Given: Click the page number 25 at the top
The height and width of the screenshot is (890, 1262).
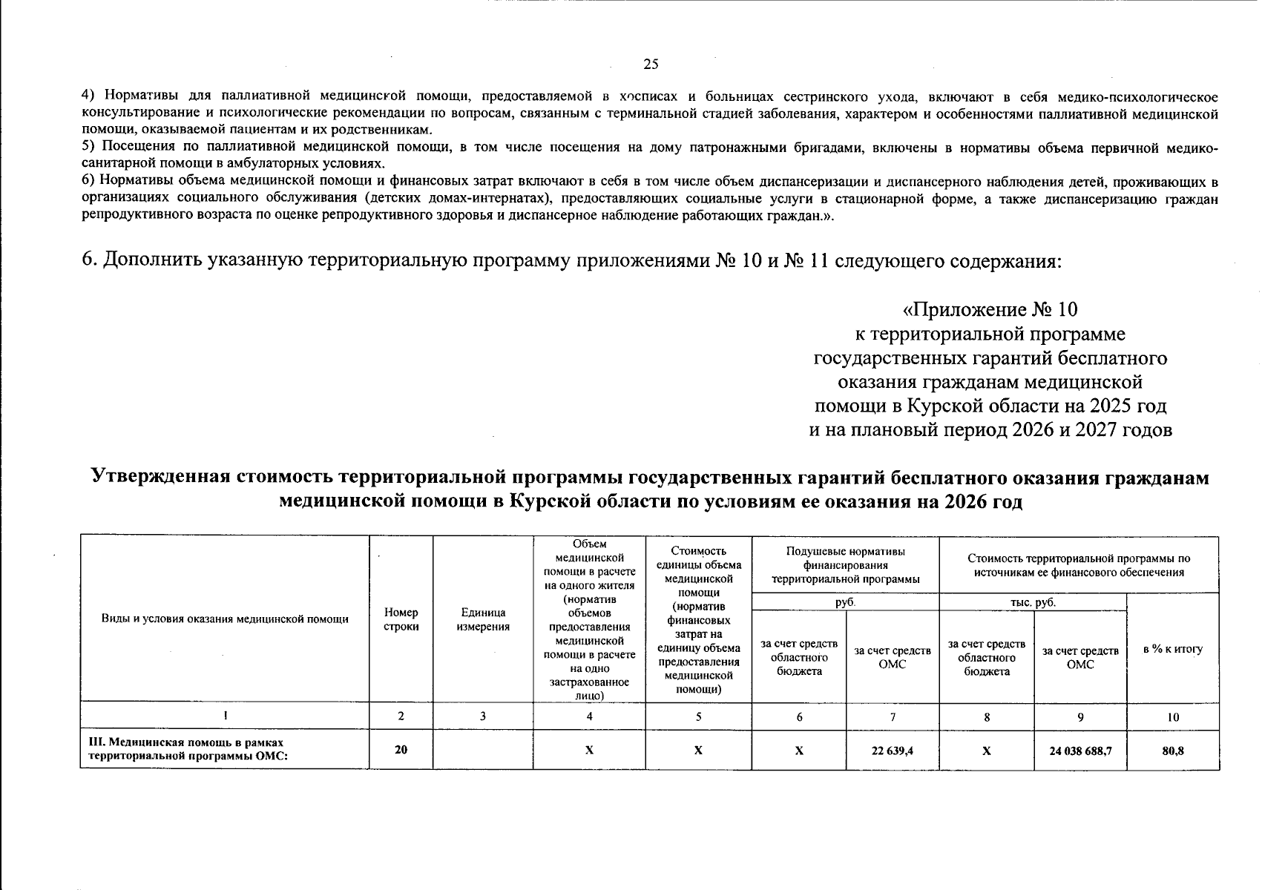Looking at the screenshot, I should tap(650, 64).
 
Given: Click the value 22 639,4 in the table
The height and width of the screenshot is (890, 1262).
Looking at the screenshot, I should tap(892, 751).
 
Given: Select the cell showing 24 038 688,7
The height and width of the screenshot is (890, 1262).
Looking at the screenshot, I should tap(1080, 751).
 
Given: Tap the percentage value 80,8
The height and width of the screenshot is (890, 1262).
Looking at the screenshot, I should tap(1173, 751).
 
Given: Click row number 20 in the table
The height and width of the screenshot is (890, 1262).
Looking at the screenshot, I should tap(401, 750).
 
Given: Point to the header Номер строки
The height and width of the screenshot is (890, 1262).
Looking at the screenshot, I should tap(401, 619).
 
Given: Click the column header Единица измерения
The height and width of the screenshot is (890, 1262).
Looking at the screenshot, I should tap(483, 619).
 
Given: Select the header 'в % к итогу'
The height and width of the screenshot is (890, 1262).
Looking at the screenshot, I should tap(1173, 649).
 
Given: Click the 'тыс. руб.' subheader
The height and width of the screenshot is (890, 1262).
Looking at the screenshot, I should tap(1033, 602).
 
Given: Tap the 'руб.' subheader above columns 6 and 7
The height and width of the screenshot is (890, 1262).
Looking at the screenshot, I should tap(845, 602).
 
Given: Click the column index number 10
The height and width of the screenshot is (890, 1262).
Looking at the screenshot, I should tap(1173, 717).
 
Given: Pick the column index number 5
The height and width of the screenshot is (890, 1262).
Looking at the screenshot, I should tap(698, 717).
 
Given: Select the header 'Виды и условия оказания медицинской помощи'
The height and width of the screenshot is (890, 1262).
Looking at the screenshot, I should tap(225, 619).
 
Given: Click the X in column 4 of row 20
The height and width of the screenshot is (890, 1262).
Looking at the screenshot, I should tap(589, 751).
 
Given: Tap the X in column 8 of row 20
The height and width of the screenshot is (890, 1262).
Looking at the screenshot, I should tap(986, 751).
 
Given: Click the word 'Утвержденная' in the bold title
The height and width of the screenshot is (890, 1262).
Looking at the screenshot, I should tap(160, 478).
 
